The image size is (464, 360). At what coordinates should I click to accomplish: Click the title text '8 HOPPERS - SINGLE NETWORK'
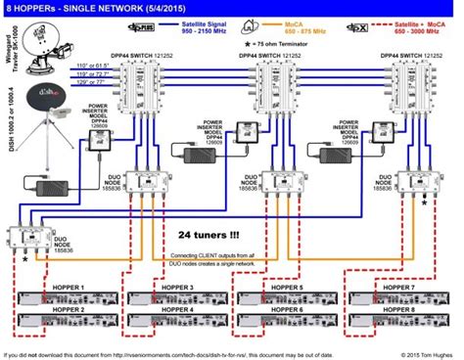(70, 8)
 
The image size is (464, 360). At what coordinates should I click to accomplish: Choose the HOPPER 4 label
(176, 309)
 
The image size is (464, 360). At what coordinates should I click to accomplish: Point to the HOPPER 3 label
(176, 287)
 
